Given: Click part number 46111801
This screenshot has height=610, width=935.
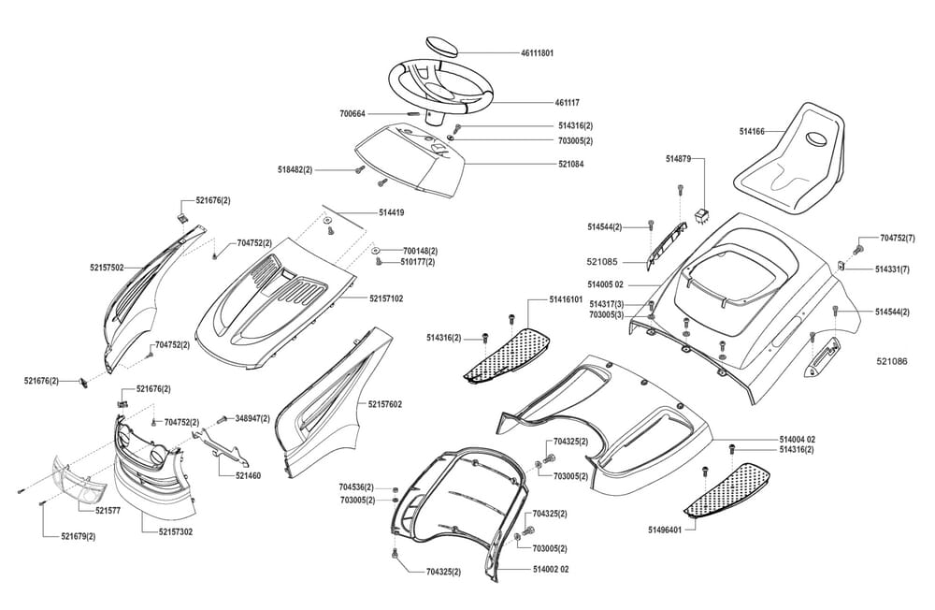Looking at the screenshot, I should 538,53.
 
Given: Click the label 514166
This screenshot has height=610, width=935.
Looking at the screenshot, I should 751,132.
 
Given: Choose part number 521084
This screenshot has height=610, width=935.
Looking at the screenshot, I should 571,165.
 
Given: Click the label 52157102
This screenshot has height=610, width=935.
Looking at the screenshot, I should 386,299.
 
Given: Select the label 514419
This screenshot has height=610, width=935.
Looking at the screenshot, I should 392,213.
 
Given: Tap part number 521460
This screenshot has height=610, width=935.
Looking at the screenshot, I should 248,475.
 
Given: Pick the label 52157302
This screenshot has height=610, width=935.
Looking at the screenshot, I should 176,531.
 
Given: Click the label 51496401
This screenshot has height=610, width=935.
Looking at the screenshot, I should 664,530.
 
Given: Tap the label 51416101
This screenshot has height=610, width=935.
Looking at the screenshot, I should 567,299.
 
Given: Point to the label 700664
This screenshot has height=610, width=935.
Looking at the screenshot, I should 353,113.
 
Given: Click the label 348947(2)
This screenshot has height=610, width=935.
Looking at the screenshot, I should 253,418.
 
